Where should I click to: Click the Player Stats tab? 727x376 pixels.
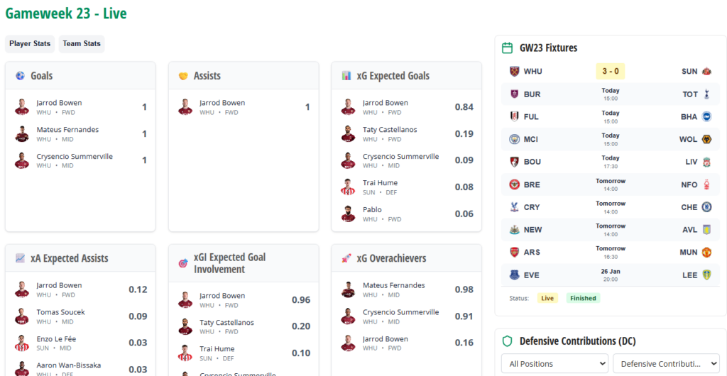[x=30, y=44]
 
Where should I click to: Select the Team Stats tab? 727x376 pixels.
[x=82, y=44]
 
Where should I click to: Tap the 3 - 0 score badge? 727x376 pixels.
[x=610, y=72]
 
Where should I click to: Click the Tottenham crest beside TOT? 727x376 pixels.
[x=706, y=94]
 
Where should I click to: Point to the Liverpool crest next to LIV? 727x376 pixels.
[x=706, y=162]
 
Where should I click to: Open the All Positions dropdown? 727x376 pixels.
[x=554, y=364]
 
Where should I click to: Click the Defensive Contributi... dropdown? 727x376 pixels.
[x=665, y=364]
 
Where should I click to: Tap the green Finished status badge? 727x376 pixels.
[x=583, y=299]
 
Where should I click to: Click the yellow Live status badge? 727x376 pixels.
[x=547, y=299]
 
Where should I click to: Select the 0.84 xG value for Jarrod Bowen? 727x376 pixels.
[x=464, y=107]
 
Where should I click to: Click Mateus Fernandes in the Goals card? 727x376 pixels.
[x=67, y=130]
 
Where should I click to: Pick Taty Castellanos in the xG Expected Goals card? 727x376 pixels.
[x=390, y=130]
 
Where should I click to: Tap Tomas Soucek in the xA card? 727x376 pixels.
[x=60, y=312]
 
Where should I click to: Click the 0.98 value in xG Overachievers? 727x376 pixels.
[x=464, y=289]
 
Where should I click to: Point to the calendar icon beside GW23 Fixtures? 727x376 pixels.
[x=507, y=48]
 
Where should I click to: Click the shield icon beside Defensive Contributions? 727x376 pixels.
[x=507, y=341]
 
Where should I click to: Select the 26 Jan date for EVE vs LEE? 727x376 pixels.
[x=610, y=271]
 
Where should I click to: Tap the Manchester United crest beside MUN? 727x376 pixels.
[x=706, y=253]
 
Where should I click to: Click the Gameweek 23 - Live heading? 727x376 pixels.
[x=66, y=13]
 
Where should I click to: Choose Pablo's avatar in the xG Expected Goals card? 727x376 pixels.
[x=348, y=214]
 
